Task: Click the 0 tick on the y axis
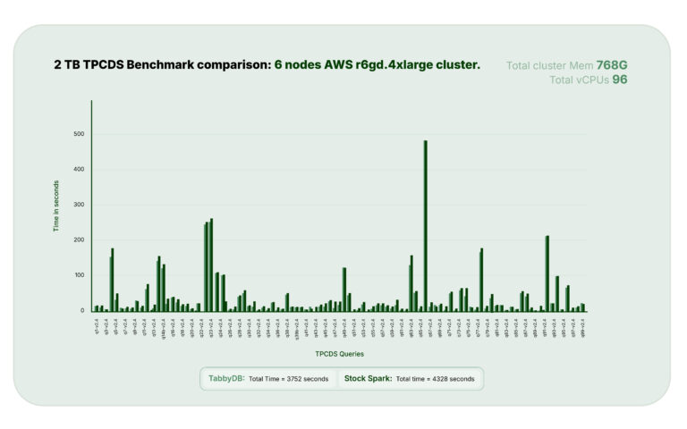pyautogui.click(x=81, y=310)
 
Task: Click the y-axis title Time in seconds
pyautogui.click(x=56, y=206)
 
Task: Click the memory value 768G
pyautogui.click(x=614, y=64)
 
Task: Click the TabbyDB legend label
pyautogui.click(x=225, y=378)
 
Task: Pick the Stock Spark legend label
pyautogui.click(x=368, y=378)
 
